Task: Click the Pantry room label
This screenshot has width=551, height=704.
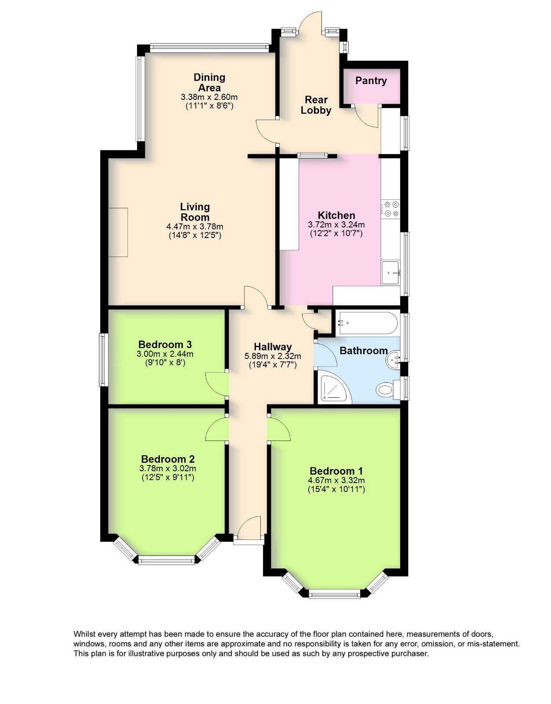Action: click(371, 81)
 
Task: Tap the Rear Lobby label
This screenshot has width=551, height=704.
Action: click(316, 105)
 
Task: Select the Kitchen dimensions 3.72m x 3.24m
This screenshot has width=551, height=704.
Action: click(336, 225)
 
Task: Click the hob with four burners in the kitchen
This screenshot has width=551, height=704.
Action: click(390, 209)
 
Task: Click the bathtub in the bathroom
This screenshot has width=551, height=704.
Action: click(367, 323)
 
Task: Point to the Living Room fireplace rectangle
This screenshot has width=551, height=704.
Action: click(118, 232)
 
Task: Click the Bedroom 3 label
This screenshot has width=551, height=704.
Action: click(165, 345)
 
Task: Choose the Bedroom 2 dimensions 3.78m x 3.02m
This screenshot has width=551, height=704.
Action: click(168, 469)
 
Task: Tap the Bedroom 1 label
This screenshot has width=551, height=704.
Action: click(336, 471)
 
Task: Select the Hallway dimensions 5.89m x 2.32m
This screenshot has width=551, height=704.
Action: click(273, 356)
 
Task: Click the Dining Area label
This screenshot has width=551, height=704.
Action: click(209, 83)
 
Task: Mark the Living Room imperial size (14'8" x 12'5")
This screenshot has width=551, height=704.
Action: click(195, 235)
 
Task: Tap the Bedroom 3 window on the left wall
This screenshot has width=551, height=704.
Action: click(103, 360)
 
